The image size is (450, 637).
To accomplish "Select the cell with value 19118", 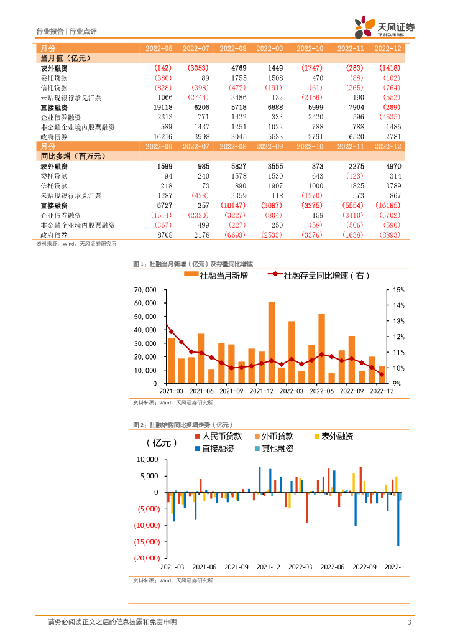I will (162, 108).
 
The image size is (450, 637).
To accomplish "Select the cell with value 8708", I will (162, 235).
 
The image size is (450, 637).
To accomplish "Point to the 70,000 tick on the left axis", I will (145, 290).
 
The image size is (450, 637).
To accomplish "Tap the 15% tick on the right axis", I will (398, 290).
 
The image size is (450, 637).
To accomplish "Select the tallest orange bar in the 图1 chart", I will (272, 342).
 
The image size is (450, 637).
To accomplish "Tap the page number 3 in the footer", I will (408, 623).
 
